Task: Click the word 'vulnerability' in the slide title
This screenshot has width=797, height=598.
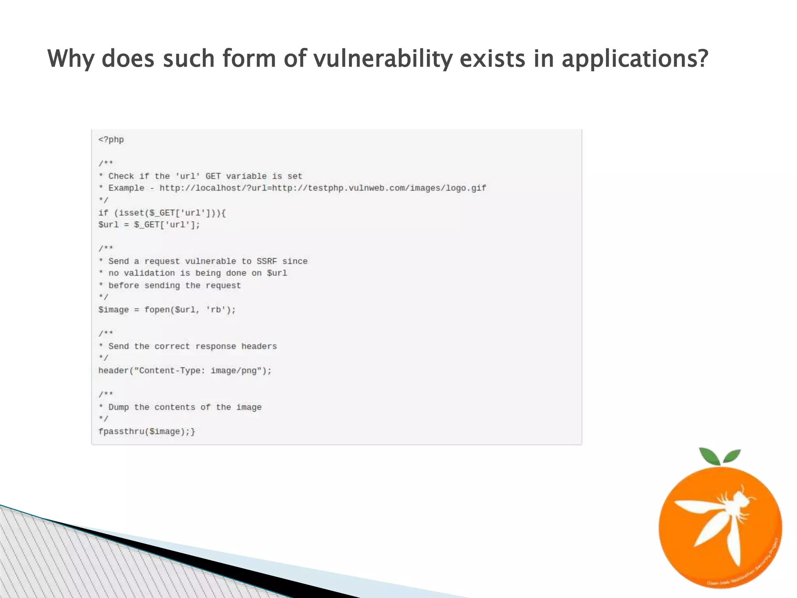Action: [x=383, y=59]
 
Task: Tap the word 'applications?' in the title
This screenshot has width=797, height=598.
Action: [x=634, y=59]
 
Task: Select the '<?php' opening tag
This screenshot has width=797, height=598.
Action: [x=111, y=140]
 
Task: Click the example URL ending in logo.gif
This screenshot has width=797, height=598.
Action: [x=323, y=188]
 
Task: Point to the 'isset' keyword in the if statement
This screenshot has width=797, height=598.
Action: [x=132, y=213]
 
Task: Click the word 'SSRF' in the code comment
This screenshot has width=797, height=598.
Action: [x=267, y=261]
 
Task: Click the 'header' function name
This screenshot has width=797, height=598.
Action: [x=113, y=371]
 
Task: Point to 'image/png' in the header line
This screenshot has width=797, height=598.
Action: [x=233, y=371]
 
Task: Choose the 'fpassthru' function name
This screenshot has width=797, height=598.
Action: [x=121, y=431]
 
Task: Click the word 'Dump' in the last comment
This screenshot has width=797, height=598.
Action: [x=118, y=407]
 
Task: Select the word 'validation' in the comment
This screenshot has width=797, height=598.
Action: [x=149, y=273]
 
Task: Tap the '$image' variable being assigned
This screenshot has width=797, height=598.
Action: [x=113, y=310]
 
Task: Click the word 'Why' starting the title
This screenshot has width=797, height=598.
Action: [x=70, y=59]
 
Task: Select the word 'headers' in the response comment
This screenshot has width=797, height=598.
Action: [x=259, y=346]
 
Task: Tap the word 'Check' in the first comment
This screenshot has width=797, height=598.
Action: [x=121, y=176]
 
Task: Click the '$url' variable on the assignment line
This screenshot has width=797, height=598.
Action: [x=108, y=225]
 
